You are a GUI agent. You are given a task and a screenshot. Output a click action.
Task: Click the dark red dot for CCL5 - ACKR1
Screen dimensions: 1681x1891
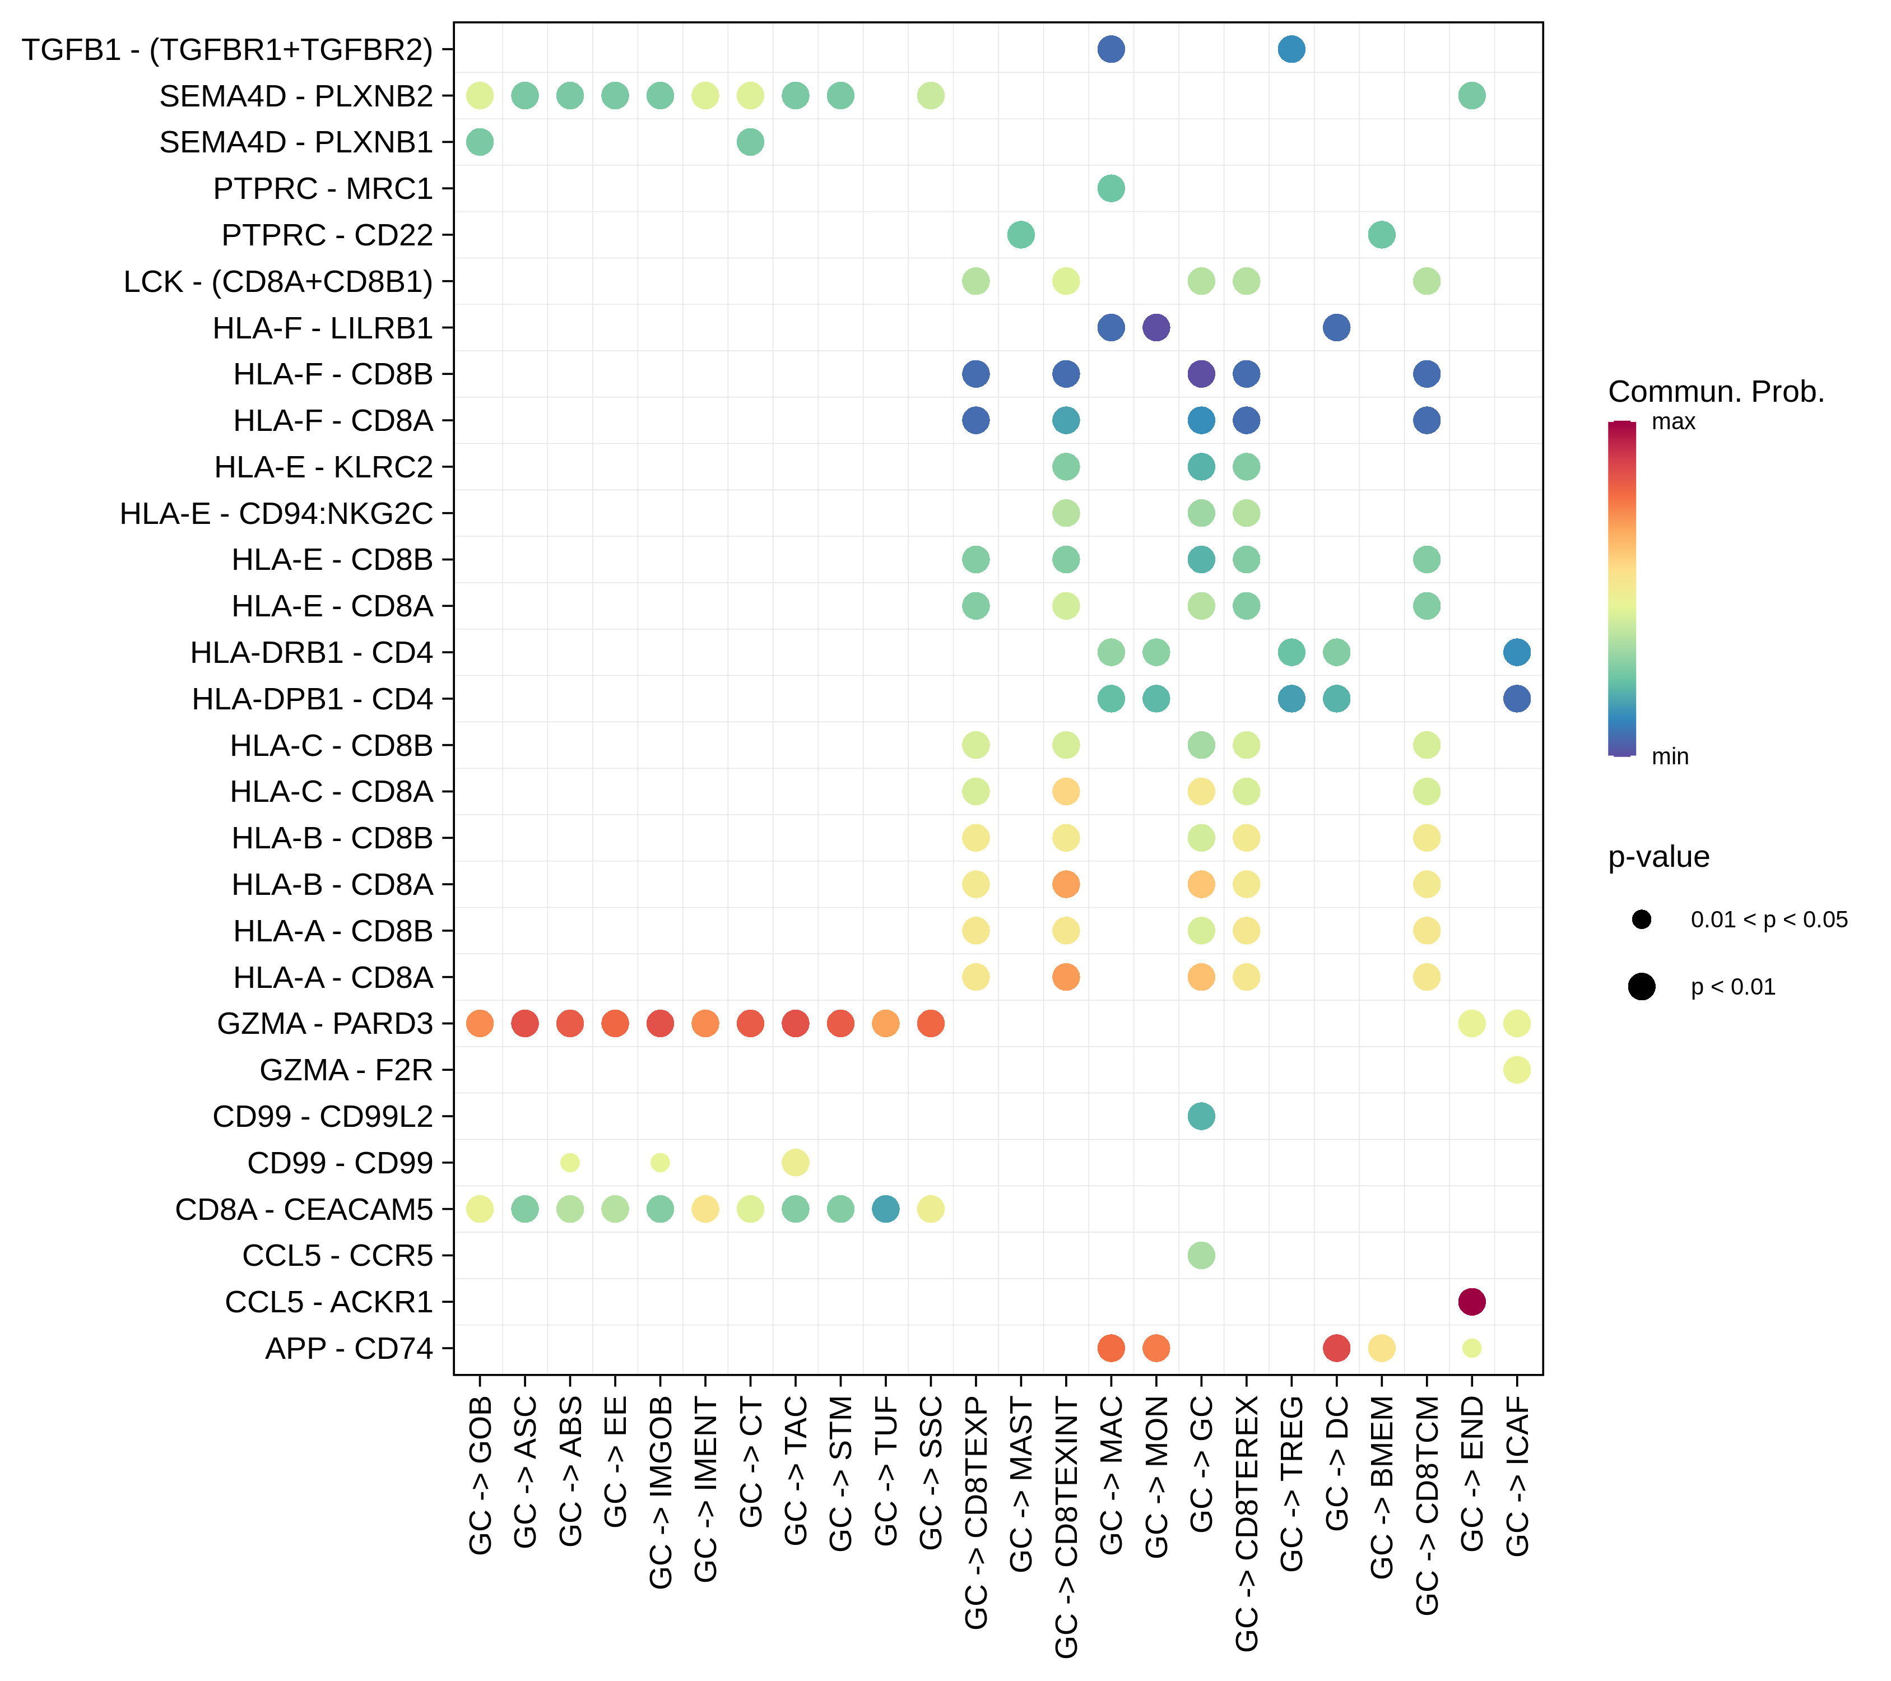point(1471,1302)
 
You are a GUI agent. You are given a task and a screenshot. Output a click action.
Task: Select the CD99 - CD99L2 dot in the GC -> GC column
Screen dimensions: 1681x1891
point(1201,1117)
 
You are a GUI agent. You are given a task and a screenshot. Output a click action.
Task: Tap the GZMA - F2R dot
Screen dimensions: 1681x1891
point(1516,1070)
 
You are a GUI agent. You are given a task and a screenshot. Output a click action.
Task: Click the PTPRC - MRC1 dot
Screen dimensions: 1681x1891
point(1111,189)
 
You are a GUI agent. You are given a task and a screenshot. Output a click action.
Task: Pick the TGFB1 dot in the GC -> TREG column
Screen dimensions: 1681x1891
point(1291,49)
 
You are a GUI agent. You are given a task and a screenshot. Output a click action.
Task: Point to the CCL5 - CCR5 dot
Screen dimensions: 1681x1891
point(1201,1256)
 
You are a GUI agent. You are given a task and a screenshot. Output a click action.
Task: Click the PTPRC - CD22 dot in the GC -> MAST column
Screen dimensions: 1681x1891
point(1020,235)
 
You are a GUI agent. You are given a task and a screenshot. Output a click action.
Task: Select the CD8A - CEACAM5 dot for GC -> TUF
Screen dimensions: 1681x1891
point(885,1209)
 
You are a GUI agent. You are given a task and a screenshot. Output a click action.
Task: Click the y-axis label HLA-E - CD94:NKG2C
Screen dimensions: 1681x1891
point(276,513)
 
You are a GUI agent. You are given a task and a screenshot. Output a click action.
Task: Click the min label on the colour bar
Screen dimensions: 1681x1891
point(1670,757)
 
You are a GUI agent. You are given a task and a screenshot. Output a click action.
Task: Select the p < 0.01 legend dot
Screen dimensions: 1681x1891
point(1641,987)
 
